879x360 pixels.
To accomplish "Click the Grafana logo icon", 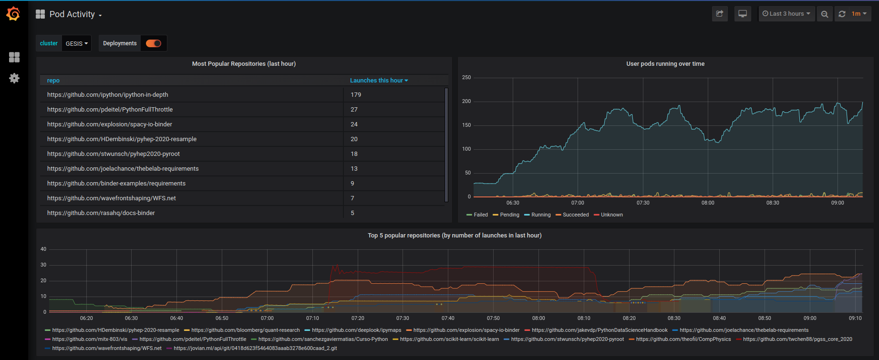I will point(13,14).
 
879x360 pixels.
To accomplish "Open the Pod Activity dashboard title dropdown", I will point(75,14).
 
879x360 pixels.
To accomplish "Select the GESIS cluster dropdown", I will point(76,43).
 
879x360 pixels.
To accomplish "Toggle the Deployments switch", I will point(154,43).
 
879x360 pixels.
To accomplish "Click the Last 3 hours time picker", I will point(786,14).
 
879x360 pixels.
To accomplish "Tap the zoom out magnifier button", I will point(825,14).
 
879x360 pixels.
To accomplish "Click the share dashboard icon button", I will point(720,14).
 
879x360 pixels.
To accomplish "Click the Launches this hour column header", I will point(379,81).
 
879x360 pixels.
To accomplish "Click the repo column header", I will point(53,81).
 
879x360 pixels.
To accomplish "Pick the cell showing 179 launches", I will point(356,95).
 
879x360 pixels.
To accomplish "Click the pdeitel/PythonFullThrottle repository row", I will point(110,110).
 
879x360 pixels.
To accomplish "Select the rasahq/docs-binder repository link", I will point(101,213).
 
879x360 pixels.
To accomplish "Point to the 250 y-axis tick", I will point(466,78).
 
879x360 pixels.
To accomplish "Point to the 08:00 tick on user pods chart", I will point(708,203).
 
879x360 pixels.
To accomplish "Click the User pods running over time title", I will point(665,64).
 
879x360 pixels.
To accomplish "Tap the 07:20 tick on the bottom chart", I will point(358,319).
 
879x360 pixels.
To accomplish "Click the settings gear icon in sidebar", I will point(14,78).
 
